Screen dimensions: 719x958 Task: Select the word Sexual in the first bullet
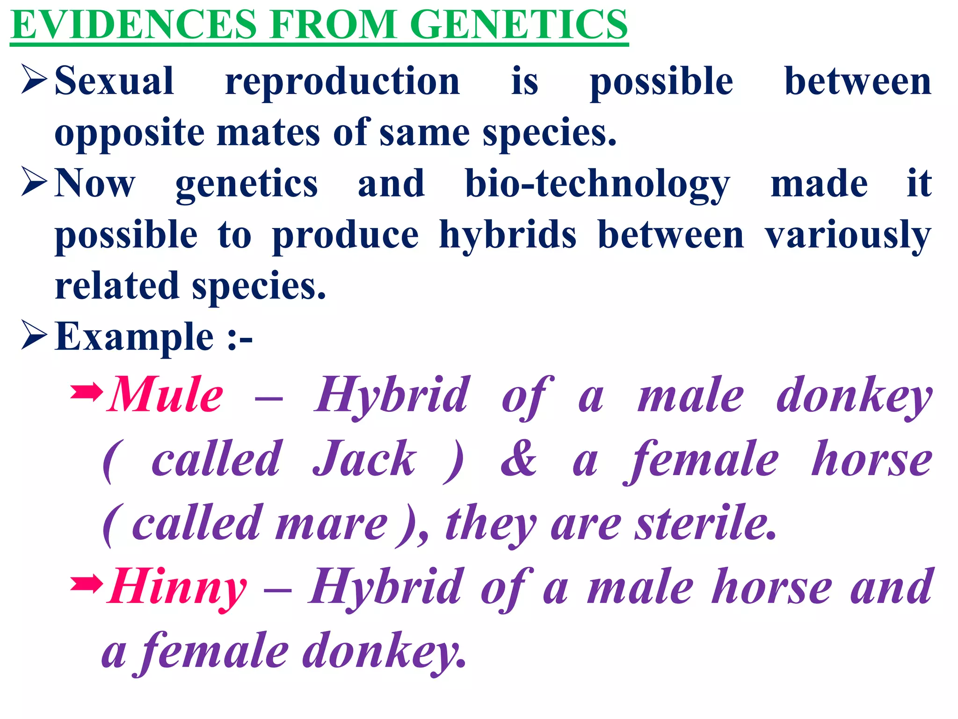click(x=115, y=81)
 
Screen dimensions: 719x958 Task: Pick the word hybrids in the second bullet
click(x=508, y=235)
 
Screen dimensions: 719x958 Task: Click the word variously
click(x=848, y=235)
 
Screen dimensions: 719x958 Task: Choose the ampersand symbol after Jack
click(x=518, y=459)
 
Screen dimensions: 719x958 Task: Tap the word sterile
click(x=705, y=523)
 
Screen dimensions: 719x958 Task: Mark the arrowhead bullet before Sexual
click(x=34, y=79)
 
